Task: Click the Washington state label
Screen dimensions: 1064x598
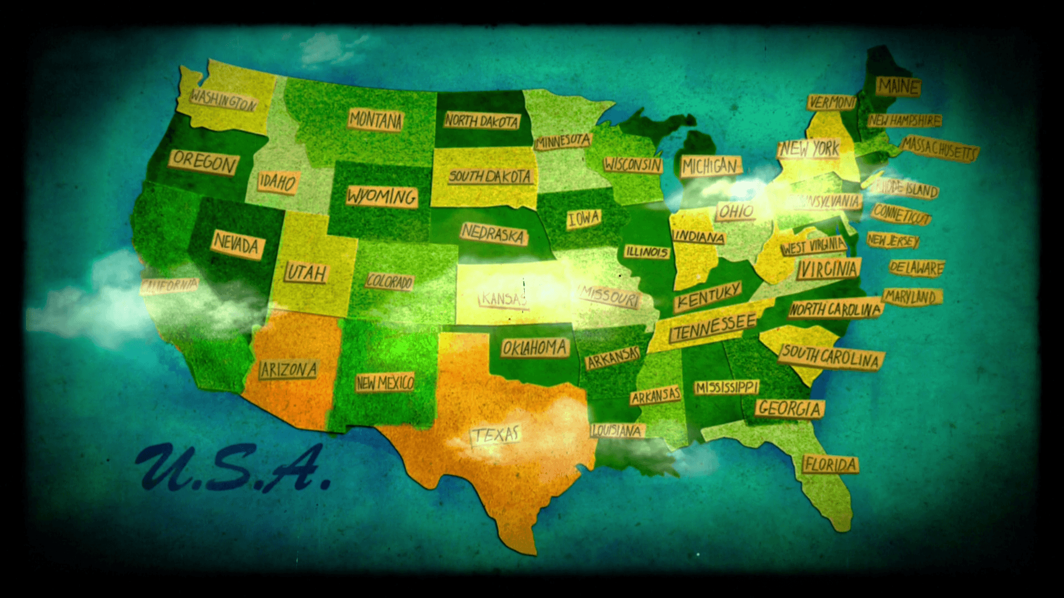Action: pos(223,100)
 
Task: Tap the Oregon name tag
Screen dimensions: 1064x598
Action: pos(204,162)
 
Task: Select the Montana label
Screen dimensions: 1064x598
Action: pos(376,120)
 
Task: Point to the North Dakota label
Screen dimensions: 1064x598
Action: pos(482,121)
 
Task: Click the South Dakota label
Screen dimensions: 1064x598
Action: pos(490,177)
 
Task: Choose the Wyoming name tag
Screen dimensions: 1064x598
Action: pos(382,197)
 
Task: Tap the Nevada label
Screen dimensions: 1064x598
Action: pos(237,244)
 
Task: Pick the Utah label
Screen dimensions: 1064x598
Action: pos(306,272)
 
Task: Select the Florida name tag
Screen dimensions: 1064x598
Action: pos(830,464)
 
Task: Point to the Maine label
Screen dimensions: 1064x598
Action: pos(898,86)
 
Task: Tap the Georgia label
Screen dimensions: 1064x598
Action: pos(790,408)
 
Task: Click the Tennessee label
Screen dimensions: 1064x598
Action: pos(713,327)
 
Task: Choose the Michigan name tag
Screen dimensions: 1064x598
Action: pos(710,166)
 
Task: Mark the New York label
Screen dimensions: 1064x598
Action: pos(810,148)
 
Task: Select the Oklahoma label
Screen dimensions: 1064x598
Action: pos(535,348)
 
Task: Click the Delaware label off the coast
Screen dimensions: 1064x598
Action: pos(916,268)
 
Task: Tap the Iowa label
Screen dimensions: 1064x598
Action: pos(584,219)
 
